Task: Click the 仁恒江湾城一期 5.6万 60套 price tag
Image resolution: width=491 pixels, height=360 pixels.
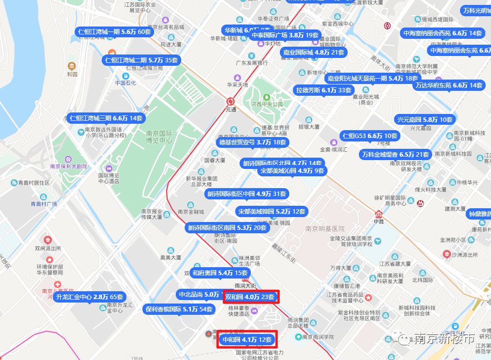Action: click(114, 32)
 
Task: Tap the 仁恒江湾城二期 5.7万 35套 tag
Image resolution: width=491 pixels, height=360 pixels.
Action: click(142, 60)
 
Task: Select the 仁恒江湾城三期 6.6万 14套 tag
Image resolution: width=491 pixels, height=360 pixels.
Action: click(107, 118)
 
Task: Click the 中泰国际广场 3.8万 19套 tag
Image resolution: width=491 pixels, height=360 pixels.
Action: click(285, 35)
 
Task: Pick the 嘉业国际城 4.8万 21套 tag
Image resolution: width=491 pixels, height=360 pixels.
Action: click(314, 53)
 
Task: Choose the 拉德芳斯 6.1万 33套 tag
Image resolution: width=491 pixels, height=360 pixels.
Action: click(324, 90)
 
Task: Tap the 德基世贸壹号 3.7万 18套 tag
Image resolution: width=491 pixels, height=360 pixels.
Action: click(252, 142)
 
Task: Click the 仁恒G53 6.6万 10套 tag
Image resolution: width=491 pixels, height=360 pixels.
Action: click(370, 136)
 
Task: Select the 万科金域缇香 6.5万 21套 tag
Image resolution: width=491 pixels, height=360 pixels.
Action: click(395, 154)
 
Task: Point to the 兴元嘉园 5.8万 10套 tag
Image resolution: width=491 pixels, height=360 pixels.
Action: click(425, 120)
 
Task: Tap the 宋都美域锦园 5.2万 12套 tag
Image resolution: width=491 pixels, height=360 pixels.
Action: click(272, 212)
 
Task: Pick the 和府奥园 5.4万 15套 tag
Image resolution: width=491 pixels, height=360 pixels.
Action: click(220, 273)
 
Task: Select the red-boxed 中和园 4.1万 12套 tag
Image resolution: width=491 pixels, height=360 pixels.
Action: click(247, 340)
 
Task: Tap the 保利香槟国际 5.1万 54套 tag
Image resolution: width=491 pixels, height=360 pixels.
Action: click(179, 309)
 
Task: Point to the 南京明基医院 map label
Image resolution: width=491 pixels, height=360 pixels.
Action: click(325, 229)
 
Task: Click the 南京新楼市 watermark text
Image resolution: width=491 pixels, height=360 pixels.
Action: click(444, 338)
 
